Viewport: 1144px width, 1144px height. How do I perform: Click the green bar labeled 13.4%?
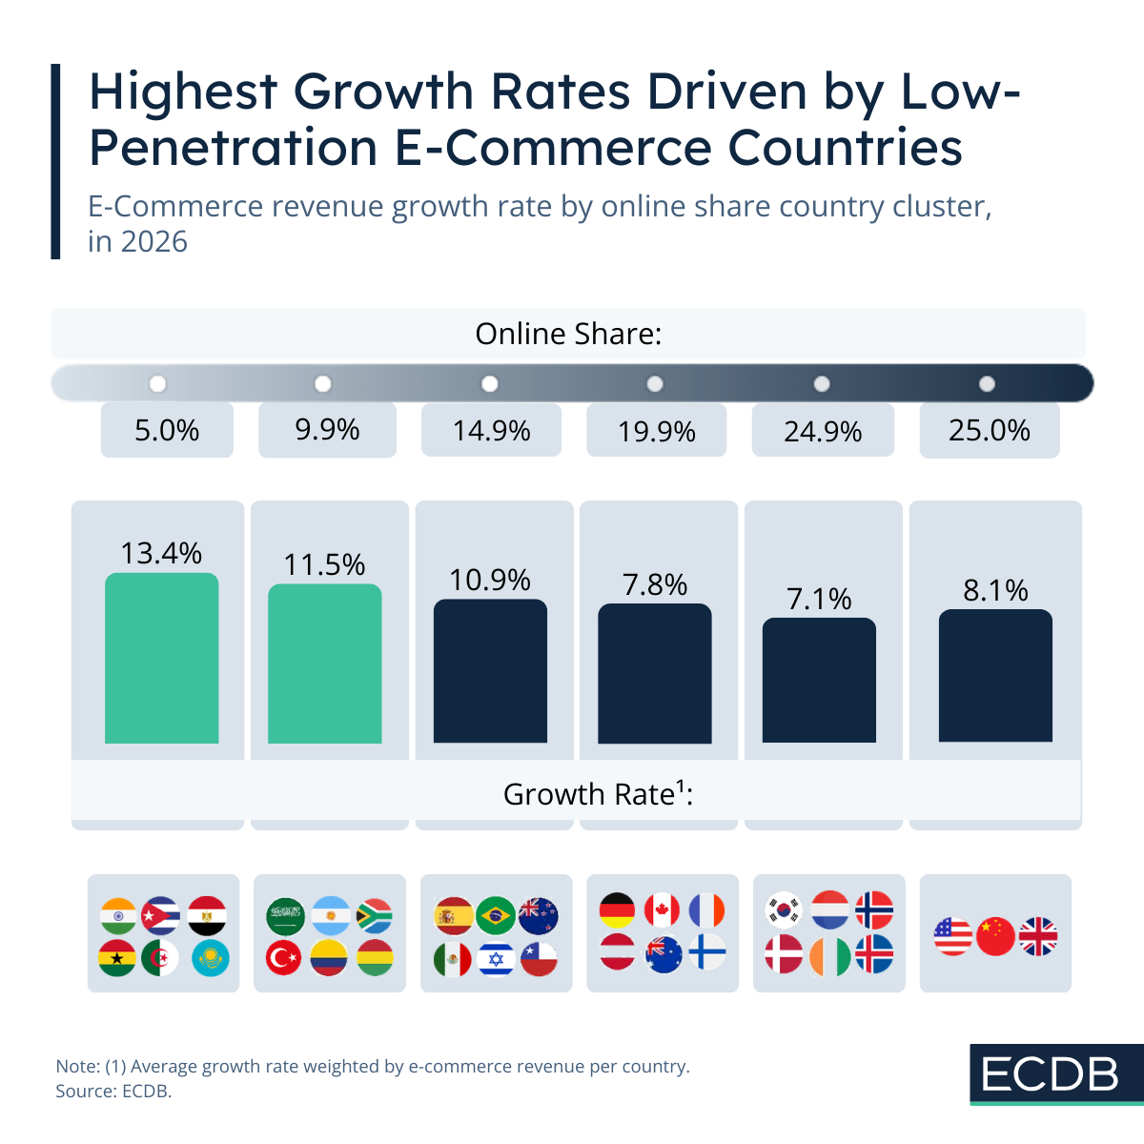click(x=161, y=658)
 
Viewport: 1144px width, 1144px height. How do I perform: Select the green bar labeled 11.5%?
click(x=324, y=664)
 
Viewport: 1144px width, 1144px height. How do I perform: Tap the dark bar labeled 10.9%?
click(x=490, y=671)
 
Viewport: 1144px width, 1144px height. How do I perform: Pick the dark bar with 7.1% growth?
click(x=819, y=680)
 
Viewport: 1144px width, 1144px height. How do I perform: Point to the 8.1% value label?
click(x=995, y=591)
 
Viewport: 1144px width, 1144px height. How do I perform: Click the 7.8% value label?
click(x=655, y=584)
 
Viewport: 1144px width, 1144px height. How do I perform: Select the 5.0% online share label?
click(x=167, y=431)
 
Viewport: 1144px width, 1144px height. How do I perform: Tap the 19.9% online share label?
click(x=656, y=432)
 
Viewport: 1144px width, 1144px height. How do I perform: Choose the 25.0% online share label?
click(x=989, y=431)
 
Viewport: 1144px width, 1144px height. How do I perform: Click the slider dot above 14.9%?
click(x=490, y=383)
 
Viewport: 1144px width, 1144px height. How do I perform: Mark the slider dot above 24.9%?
click(x=821, y=383)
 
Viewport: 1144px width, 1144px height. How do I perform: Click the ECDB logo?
click(x=1051, y=1074)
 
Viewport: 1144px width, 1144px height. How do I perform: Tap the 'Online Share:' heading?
click(x=568, y=334)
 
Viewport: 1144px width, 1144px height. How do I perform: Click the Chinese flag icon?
click(x=996, y=936)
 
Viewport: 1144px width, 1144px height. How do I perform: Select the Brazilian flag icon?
click(x=495, y=915)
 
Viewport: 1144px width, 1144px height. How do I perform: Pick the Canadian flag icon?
click(x=663, y=910)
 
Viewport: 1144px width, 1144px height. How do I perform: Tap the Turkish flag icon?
click(x=284, y=957)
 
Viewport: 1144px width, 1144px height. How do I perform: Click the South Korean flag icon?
click(x=785, y=909)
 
